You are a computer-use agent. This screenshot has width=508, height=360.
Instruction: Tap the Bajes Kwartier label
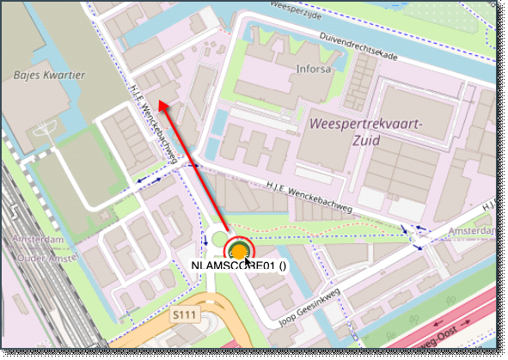[x=49, y=76]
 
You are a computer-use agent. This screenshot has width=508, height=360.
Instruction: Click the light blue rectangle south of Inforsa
[x=221, y=123]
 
